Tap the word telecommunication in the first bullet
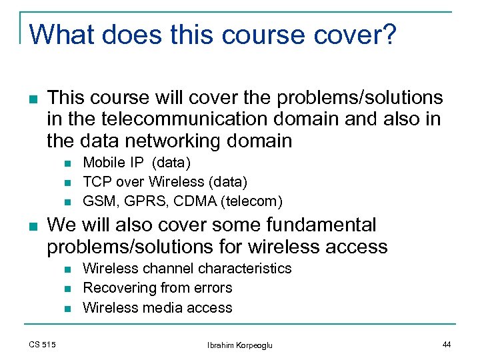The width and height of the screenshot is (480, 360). pyautogui.click(x=178, y=119)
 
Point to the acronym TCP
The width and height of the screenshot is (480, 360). pyautogui.click(x=96, y=181)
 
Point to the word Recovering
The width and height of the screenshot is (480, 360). pyautogui.click(x=120, y=288)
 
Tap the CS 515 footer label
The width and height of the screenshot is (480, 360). pyautogui.click(x=42, y=344)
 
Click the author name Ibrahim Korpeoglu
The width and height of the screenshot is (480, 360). pyautogui.click(x=240, y=345)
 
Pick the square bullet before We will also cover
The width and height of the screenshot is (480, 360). pyautogui.click(x=33, y=226)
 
